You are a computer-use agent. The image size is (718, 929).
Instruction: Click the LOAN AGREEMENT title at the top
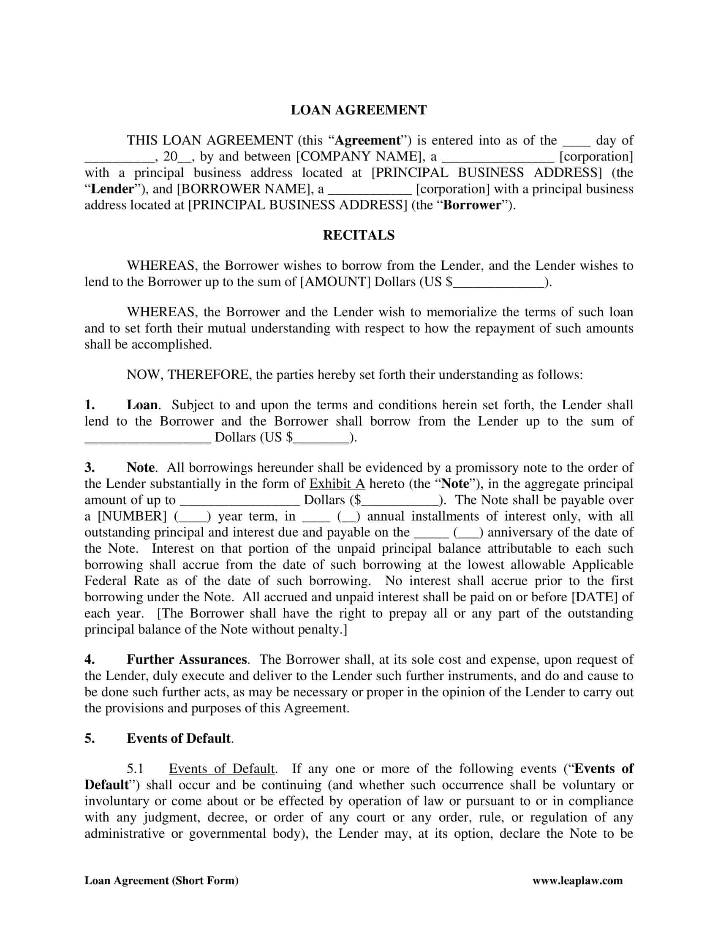pyautogui.click(x=359, y=110)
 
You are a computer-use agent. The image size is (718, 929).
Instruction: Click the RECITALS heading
pyautogui.click(x=359, y=235)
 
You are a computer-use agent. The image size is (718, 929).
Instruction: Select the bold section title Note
pyautogui.click(x=141, y=467)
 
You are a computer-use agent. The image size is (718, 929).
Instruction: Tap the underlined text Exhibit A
pyautogui.click(x=337, y=484)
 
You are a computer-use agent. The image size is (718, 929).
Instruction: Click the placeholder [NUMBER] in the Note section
pyautogui.click(x=132, y=516)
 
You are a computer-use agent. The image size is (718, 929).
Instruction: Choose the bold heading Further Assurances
pyautogui.click(x=186, y=660)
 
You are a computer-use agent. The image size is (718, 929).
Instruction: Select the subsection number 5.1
pyautogui.click(x=135, y=769)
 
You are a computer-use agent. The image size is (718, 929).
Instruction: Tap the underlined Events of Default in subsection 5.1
pyautogui.click(x=222, y=769)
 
